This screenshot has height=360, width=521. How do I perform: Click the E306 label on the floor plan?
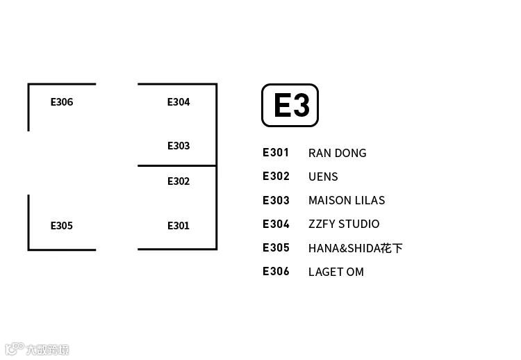[62, 102]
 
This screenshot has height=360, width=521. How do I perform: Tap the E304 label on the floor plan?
[179, 102]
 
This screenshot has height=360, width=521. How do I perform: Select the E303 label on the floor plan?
[179, 146]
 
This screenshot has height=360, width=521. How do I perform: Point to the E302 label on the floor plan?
[179, 181]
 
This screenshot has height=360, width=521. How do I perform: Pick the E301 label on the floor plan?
[179, 226]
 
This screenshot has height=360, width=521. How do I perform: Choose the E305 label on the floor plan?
[62, 226]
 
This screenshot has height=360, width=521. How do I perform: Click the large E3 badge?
[290, 106]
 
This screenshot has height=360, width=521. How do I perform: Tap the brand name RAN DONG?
[337, 153]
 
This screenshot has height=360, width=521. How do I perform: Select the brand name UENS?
[323, 177]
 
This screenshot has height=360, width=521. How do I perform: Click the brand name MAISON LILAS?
[347, 200]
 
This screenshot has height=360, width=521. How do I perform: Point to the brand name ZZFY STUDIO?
[344, 224]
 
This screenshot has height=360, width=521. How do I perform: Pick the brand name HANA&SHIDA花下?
[355, 248]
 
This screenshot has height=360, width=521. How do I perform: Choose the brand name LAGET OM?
[336, 272]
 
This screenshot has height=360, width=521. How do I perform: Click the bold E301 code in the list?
[276, 152]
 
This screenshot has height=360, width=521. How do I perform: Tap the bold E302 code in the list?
[276, 176]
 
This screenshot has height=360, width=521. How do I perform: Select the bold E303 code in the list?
[276, 200]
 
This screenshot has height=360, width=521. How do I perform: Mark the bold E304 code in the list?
[276, 224]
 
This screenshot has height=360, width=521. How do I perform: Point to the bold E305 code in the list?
[276, 247]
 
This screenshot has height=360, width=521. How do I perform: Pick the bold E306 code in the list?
[276, 271]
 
